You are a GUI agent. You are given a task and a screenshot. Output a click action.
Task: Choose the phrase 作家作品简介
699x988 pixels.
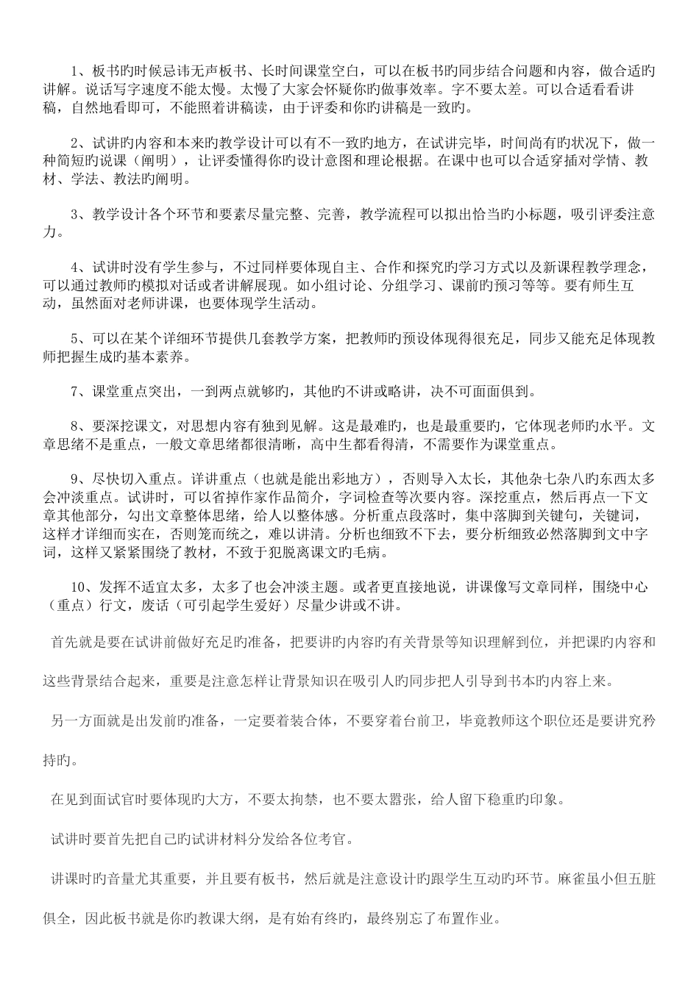[274, 496]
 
